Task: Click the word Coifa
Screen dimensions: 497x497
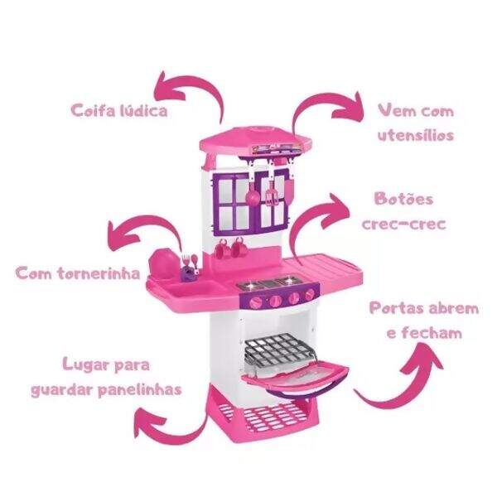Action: (93, 111)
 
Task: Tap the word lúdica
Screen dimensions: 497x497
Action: (143, 111)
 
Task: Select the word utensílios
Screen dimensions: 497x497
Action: (416, 135)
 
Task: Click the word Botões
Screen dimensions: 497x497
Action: (403, 199)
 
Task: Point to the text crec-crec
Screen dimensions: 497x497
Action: (404, 224)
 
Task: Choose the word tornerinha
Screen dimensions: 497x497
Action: (99, 273)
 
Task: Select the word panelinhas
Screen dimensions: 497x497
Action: (140, 389)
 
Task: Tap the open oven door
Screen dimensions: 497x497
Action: (295, 380)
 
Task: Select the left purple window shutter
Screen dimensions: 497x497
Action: (235, 203)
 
